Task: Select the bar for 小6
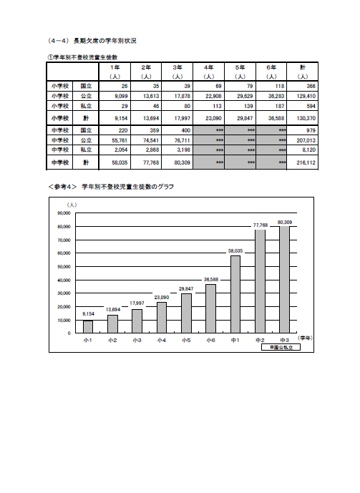pos(210,308)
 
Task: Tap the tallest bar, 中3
pos(284,279)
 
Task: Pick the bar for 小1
pos(88,326)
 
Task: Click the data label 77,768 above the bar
pos(261,225)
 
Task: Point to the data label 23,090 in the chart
pos(162,297)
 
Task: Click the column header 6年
pos(272,67)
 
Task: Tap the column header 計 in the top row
pos(303,67)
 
